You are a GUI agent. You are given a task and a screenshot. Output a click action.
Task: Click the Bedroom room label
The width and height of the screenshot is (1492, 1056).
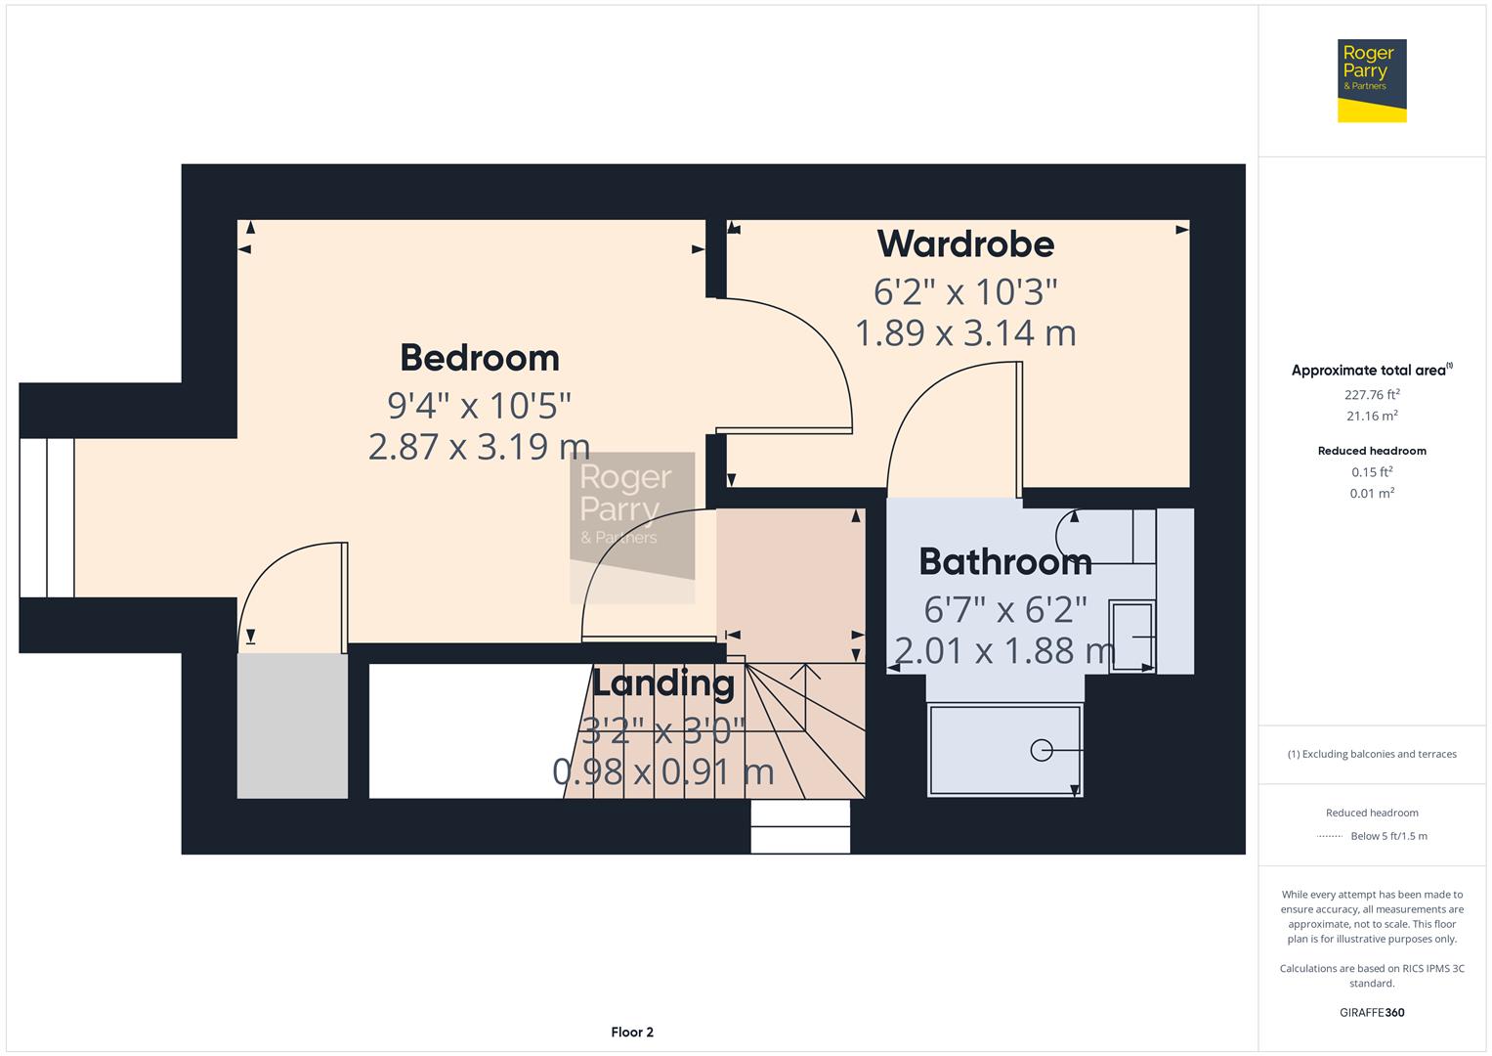(479, 358)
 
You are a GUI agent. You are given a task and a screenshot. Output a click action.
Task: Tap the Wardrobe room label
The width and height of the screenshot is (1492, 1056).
(965, 243)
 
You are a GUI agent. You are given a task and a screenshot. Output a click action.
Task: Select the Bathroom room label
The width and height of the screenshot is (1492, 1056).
(1004, 561)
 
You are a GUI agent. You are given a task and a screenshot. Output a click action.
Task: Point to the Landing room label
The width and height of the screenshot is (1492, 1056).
(662, 682)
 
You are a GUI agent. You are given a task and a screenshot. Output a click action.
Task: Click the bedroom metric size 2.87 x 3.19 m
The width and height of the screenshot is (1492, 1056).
(479, 447)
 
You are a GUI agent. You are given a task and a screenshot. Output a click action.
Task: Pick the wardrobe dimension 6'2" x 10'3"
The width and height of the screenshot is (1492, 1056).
(965, 291)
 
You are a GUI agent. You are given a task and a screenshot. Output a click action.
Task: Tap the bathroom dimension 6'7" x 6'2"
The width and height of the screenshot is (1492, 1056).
(1004, 609)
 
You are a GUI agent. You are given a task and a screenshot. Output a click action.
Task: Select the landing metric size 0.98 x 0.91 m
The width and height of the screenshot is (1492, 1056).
(662, 772)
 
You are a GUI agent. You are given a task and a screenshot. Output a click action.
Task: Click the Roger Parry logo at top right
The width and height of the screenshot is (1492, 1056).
(1371, 80)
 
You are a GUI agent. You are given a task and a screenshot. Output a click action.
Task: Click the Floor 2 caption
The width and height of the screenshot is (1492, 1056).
(632, 1032)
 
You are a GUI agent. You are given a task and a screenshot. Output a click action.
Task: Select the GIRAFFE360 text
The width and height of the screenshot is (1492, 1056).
(1372, 1012)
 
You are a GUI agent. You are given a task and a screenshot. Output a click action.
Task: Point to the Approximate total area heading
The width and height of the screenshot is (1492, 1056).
(1371, 371)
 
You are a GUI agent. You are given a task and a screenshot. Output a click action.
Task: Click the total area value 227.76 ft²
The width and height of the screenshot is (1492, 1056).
(1372, 395)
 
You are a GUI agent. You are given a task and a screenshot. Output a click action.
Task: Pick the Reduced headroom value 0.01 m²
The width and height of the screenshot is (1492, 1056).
(1372, 494)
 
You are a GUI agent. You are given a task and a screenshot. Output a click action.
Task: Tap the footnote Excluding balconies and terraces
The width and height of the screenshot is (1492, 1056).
(1372, 754)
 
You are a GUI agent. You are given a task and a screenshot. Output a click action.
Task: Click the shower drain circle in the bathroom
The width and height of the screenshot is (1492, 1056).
(1041, 750)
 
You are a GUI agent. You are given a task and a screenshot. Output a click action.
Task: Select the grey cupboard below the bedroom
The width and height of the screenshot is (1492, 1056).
(292, 726)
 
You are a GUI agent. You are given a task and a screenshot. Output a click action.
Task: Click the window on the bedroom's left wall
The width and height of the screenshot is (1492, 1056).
(46, 517)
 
